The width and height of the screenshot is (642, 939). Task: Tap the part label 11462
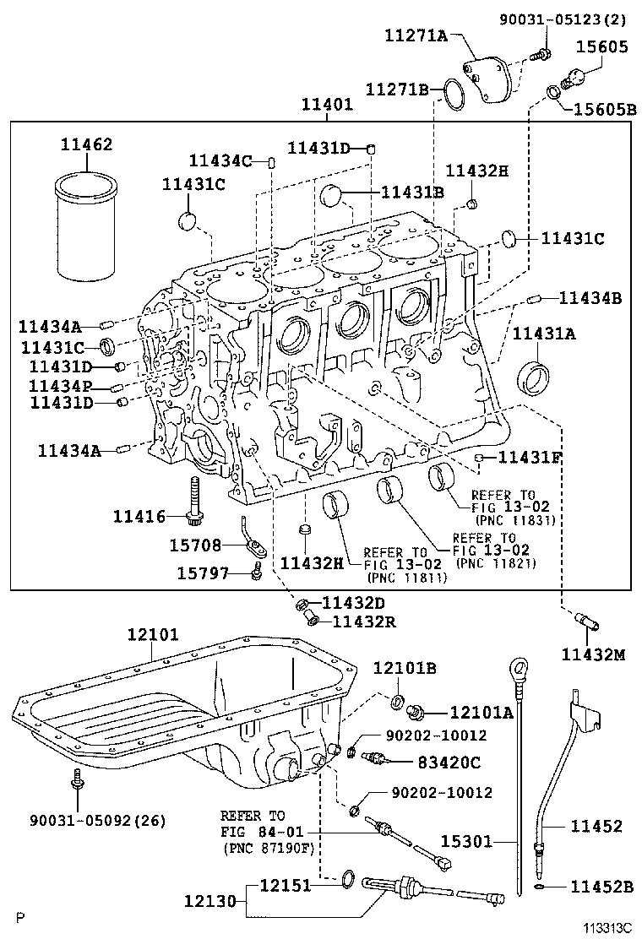[86, 145]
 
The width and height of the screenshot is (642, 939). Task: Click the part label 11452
[596, 827]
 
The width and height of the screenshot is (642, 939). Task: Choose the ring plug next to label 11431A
[534, 377]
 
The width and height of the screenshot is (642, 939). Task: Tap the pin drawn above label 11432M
[584, 624]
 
